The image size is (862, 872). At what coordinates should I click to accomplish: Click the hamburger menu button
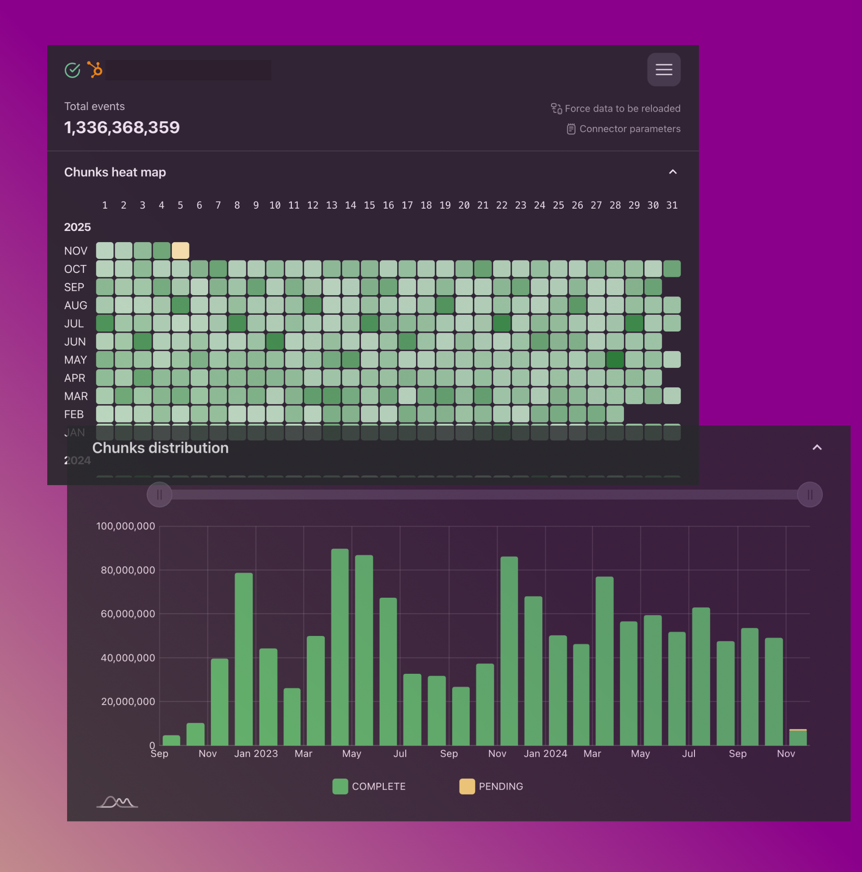point(663,69)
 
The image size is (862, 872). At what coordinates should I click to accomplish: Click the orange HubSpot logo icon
point(95,69)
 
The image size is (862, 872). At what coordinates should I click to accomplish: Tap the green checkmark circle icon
point(72,70)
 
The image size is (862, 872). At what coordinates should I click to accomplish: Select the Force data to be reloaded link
point(622,108)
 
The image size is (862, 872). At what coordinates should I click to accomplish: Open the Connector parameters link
point(629,129)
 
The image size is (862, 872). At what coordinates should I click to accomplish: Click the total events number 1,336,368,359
point(122,127)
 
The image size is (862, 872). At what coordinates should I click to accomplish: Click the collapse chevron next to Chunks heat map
point(672,172)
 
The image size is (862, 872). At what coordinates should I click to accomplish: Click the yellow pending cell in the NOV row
point(180,250)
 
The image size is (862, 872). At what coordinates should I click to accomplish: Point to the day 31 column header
point(671,205)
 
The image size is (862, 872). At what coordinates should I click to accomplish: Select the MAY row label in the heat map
point(75,360)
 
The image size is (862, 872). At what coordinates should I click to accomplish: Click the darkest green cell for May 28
point(615,360)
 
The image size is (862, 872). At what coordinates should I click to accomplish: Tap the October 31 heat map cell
point(671,269)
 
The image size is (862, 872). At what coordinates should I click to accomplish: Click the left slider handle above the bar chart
point(159,495)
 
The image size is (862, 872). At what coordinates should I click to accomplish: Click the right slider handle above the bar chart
point(810,495)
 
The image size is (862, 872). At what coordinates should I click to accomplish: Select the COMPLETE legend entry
point(369,786)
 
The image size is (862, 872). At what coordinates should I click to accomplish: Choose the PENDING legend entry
point(491,786)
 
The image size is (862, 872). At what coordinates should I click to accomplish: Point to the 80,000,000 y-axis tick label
point(128,570)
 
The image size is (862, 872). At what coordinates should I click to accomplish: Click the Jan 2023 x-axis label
point(256,753)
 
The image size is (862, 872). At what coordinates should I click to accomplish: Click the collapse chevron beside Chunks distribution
point(817,447)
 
